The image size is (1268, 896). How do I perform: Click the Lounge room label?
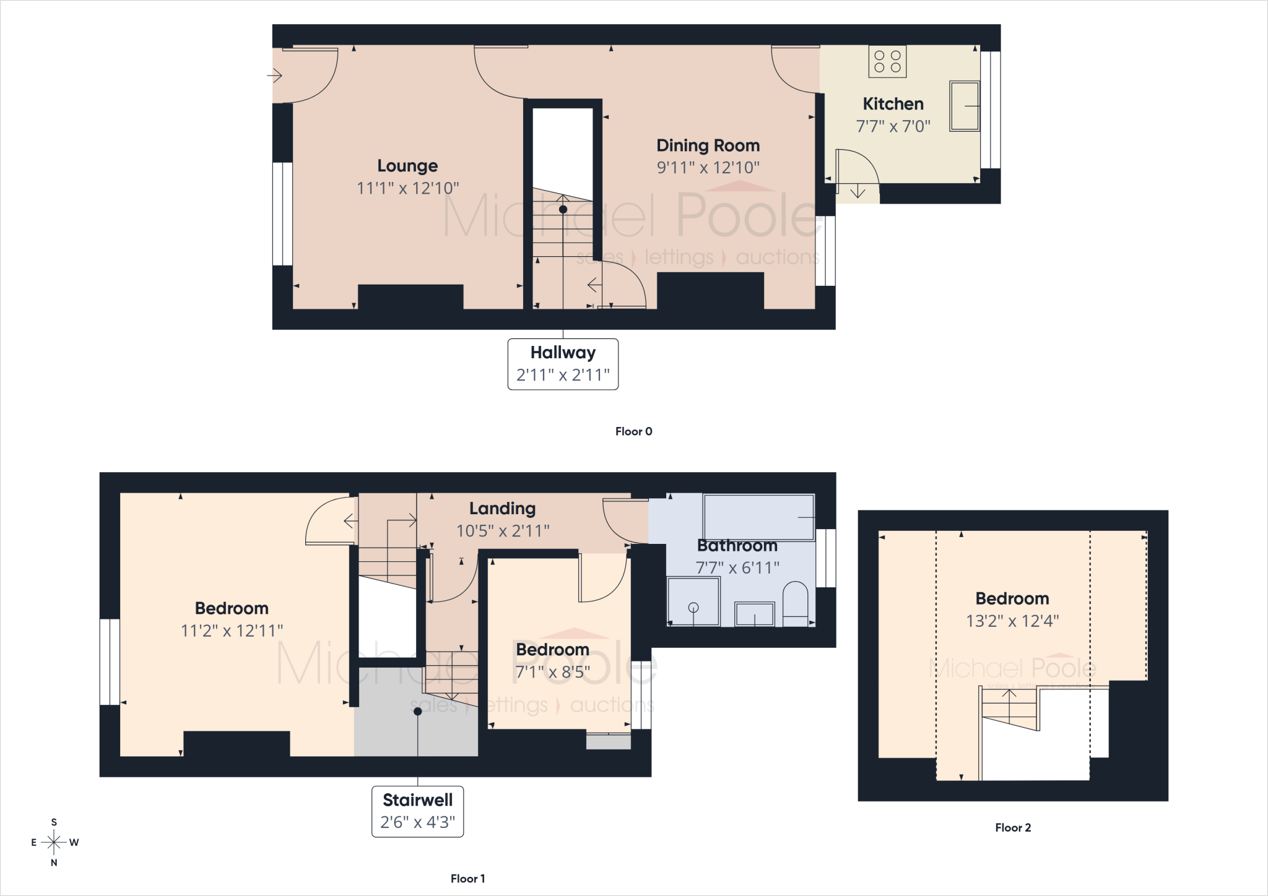(x=407, y=166)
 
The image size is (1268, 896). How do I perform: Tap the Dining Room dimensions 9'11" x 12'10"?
(x=708, y=168)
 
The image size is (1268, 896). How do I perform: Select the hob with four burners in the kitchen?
(x=887, y=61)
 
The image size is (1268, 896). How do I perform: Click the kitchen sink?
(x=965, y=106)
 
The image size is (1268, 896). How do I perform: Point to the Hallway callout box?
(x=563, y=364)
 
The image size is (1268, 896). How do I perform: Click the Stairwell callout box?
(x=417, y=811)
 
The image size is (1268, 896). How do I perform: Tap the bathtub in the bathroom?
(x=758, y=517)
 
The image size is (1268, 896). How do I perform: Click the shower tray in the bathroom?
(x=693, y=601)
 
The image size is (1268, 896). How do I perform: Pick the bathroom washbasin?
(x=754, y=614)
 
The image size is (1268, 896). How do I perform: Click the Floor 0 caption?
(x=633, y=431)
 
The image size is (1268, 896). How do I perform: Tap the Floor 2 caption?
(x=1013, y=827)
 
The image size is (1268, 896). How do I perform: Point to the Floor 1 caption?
(x=467, y=878)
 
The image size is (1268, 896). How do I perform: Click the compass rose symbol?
(x=54, y=842)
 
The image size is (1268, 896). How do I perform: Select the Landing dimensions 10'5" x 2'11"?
(x=503, y=531)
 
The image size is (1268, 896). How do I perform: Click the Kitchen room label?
(x=893, y=104)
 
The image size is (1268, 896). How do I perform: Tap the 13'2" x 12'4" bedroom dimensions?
(x=1012, y=621)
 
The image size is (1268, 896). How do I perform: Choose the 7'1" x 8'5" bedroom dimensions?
(x=553, y=672)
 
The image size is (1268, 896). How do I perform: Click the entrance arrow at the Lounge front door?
(x=274, y=76)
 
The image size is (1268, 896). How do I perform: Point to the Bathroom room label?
(x=737, y=546)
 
